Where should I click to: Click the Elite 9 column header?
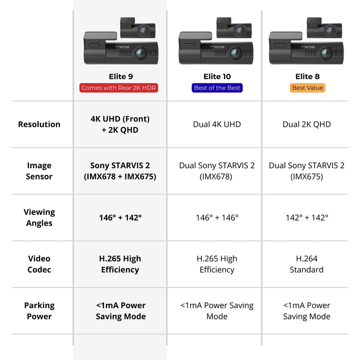tap(120, 77)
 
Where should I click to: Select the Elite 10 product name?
tap(217, 77)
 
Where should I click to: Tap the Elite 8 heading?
tap(307, 77)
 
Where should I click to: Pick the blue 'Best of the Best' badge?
tap(217, 88)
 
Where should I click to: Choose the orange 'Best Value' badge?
tap(307, 88)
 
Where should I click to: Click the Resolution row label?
tap(39, 124)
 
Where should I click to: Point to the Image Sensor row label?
tap(39, 171)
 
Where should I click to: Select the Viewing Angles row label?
tap(39, 218)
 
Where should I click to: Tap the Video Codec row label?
tap(39, 264)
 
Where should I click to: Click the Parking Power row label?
tap(39, 311)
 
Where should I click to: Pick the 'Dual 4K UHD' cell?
tap(217, 124)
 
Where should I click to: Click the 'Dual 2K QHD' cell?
tap(307, 124)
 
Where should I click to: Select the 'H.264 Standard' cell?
tap(307, 264)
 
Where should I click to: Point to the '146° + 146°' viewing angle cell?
tap(217, 218)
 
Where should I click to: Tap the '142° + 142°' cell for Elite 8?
tap(307, 218)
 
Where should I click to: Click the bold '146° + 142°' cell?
tap(120, 218)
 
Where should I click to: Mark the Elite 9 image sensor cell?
tap(120, 171)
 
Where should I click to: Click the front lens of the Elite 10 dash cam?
tap(235, 53)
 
